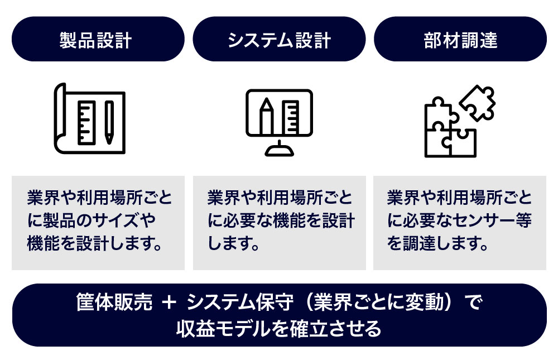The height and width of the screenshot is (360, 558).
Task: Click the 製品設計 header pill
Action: [98, 39]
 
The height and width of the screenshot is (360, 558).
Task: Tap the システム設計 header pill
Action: [279, 39]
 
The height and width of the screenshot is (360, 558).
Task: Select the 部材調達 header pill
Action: [460, 39]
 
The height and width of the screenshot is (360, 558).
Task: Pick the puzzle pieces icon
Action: [459, 121]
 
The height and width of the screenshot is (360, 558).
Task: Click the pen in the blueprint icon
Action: [109, 120]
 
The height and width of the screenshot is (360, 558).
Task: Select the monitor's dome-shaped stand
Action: [279, 149]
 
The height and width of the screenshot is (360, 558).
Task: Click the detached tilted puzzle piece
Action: [477, 103]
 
